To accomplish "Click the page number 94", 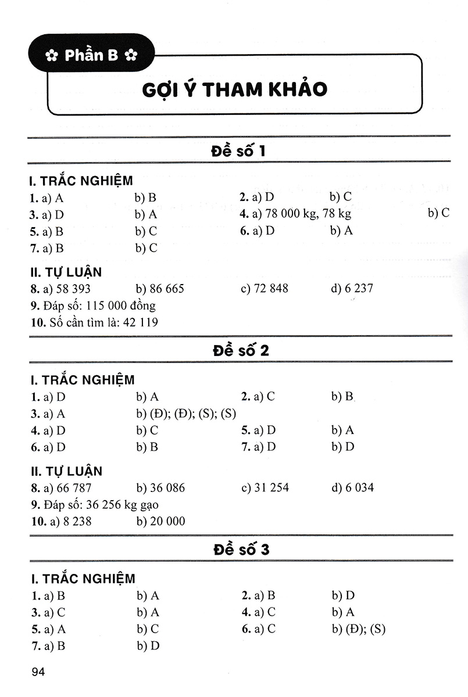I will pos(39,672).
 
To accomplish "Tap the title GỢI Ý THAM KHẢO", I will pos(234,89).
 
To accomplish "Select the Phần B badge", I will pos(91,55).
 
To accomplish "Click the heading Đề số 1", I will pos(239,152).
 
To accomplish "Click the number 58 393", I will pos(71,288).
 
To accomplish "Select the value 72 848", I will pos(271,288).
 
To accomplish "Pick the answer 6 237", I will pos(358,288).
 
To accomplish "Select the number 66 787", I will pos(71,487).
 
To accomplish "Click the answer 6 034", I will pos(358,487).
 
